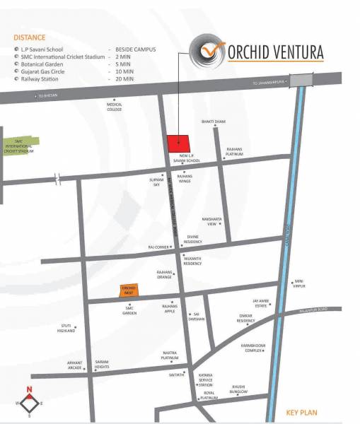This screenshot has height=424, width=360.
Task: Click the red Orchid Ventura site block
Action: point(178,143)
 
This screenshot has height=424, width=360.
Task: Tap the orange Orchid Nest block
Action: point(128,290)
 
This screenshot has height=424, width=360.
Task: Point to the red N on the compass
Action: point(30,389)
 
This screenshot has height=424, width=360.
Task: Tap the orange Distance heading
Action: point(29,37)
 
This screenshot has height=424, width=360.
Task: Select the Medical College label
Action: point(115,107)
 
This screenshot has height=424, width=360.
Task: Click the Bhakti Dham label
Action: point(213,122)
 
